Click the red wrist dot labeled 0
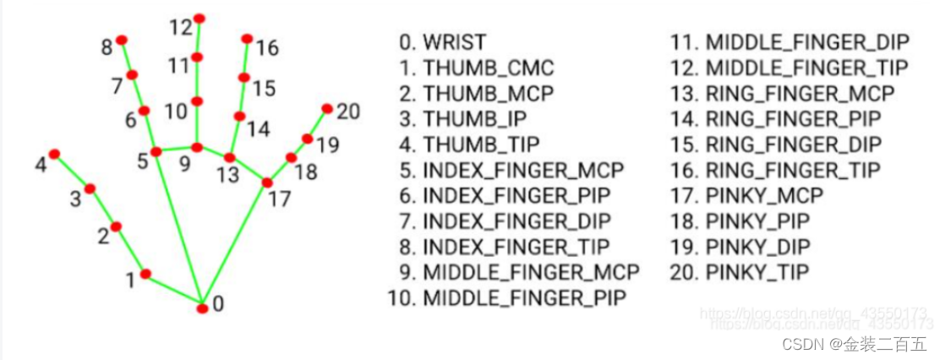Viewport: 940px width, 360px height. point(202,308)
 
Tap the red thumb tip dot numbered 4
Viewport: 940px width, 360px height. point(54,154)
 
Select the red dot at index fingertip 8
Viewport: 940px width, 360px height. point(121,40)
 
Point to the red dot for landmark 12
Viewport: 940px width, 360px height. point(199,18)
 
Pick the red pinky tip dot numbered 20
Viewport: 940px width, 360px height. point(327,108)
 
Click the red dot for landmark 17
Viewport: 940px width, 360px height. point(267,183)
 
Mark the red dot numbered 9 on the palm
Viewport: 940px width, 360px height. point(196,148)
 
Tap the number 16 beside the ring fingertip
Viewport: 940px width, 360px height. point(267,48)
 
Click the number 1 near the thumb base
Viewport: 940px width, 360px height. point(130,280)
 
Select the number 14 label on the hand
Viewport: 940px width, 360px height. point(259,129)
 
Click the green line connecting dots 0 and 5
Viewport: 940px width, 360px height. point(178,228)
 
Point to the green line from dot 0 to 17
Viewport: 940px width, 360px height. point(235,245)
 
